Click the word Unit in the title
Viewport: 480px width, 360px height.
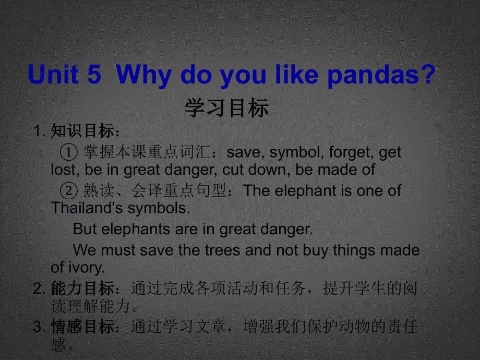click(53, 74)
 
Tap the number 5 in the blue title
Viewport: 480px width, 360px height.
click(94, 75)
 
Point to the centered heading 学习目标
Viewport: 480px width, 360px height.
click(226, 108)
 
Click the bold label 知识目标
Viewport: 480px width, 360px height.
click(82, 131)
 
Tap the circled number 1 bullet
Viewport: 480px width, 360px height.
click(68, 152)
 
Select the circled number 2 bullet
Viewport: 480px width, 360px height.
click(68, 190)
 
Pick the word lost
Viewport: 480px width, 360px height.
click(63, 169)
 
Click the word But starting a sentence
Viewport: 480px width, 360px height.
click(85, 229)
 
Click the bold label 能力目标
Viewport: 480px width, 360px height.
click(82, 288)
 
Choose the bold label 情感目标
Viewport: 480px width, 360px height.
click(82, 326)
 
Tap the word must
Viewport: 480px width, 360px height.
click(118, 250)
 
